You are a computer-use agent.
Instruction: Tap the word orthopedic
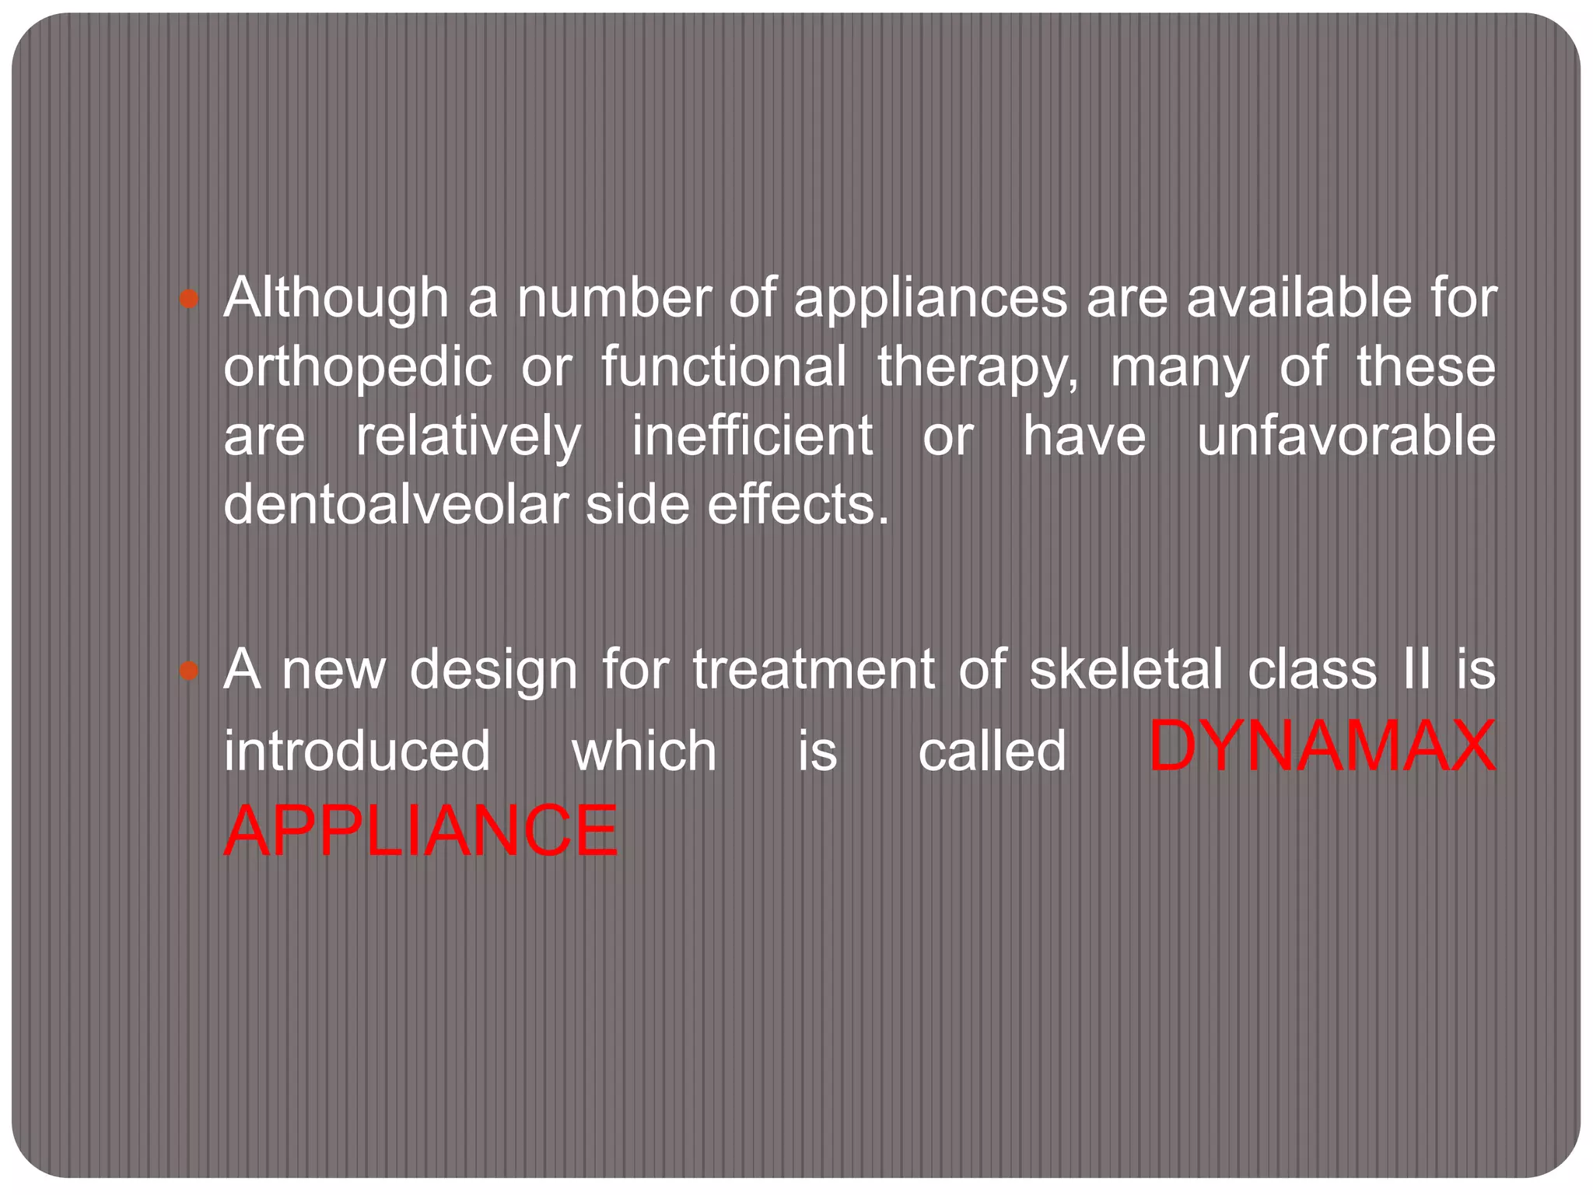pyautogui.click(x=358, y=367)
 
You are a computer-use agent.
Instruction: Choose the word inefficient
pyautogui.click(x=751, y=436)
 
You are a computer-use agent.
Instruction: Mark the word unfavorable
pyautogui.click(x=1346, y=436)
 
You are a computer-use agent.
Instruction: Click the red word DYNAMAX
pyautogui.click(x=1322, y=747)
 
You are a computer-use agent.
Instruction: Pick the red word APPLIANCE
pyautogui.click(x=421, y=831)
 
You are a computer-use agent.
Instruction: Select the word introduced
pyautogui.click(x=357, y=751)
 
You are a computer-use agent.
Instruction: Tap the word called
pyautogui.click(x=992, y=751)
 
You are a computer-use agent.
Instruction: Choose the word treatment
pyautogui.click(x=814, y=669)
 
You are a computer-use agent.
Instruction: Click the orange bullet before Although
pyautogui.click(x=189, y=299)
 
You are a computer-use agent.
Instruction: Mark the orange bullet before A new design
pyautogui.click(x=189, y=670)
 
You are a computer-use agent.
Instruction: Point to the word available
pyautogui.click(x=1298, y=298)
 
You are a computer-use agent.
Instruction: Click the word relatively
pyautogui.click(x=468, y=436)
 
